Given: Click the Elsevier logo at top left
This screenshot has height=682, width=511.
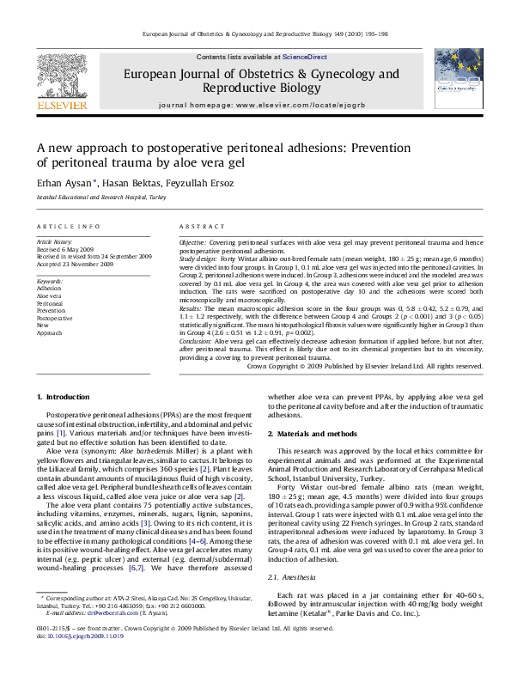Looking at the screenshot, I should click(62, 81).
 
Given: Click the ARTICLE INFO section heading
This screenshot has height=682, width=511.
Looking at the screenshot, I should click(68, 226).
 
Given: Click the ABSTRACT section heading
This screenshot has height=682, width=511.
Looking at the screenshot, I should click(202, 226).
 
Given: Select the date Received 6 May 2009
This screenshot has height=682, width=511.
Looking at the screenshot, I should click(66, 250).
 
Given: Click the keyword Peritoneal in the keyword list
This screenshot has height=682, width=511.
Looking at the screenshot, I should click(50, 303).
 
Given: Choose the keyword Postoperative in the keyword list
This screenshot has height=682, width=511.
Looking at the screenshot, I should click(54, 318).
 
